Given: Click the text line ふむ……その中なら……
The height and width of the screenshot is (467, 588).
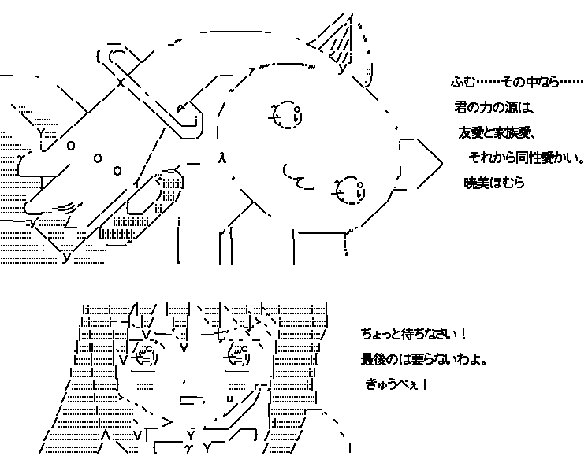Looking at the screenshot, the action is point(518,82).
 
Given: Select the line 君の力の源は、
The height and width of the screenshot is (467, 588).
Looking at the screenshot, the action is point(494,108).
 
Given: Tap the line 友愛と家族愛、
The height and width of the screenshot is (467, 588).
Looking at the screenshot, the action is point(496,132).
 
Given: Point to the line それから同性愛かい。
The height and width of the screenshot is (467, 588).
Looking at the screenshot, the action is point(527,158).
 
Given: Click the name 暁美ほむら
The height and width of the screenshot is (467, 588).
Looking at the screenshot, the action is point(494,183).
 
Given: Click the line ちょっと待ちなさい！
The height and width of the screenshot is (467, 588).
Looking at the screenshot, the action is point(413,334).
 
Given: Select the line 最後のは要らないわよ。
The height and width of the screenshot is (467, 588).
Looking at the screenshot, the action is point(424,360).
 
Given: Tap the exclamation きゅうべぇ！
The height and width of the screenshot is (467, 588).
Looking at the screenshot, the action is point(396,384).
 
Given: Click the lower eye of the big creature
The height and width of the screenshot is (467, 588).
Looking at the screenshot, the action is point(349,191).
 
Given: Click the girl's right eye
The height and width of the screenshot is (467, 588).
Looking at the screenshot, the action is point(238,355).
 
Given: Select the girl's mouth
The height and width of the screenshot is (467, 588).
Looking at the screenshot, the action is point(192,400).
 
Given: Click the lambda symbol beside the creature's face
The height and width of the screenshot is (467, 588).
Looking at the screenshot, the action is point(222,158).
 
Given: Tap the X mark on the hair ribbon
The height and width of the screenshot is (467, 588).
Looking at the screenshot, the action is point(121,82).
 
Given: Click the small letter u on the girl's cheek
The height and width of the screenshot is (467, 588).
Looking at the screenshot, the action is point(230,398).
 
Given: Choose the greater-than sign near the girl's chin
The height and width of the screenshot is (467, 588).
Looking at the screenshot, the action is point(167,422).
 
